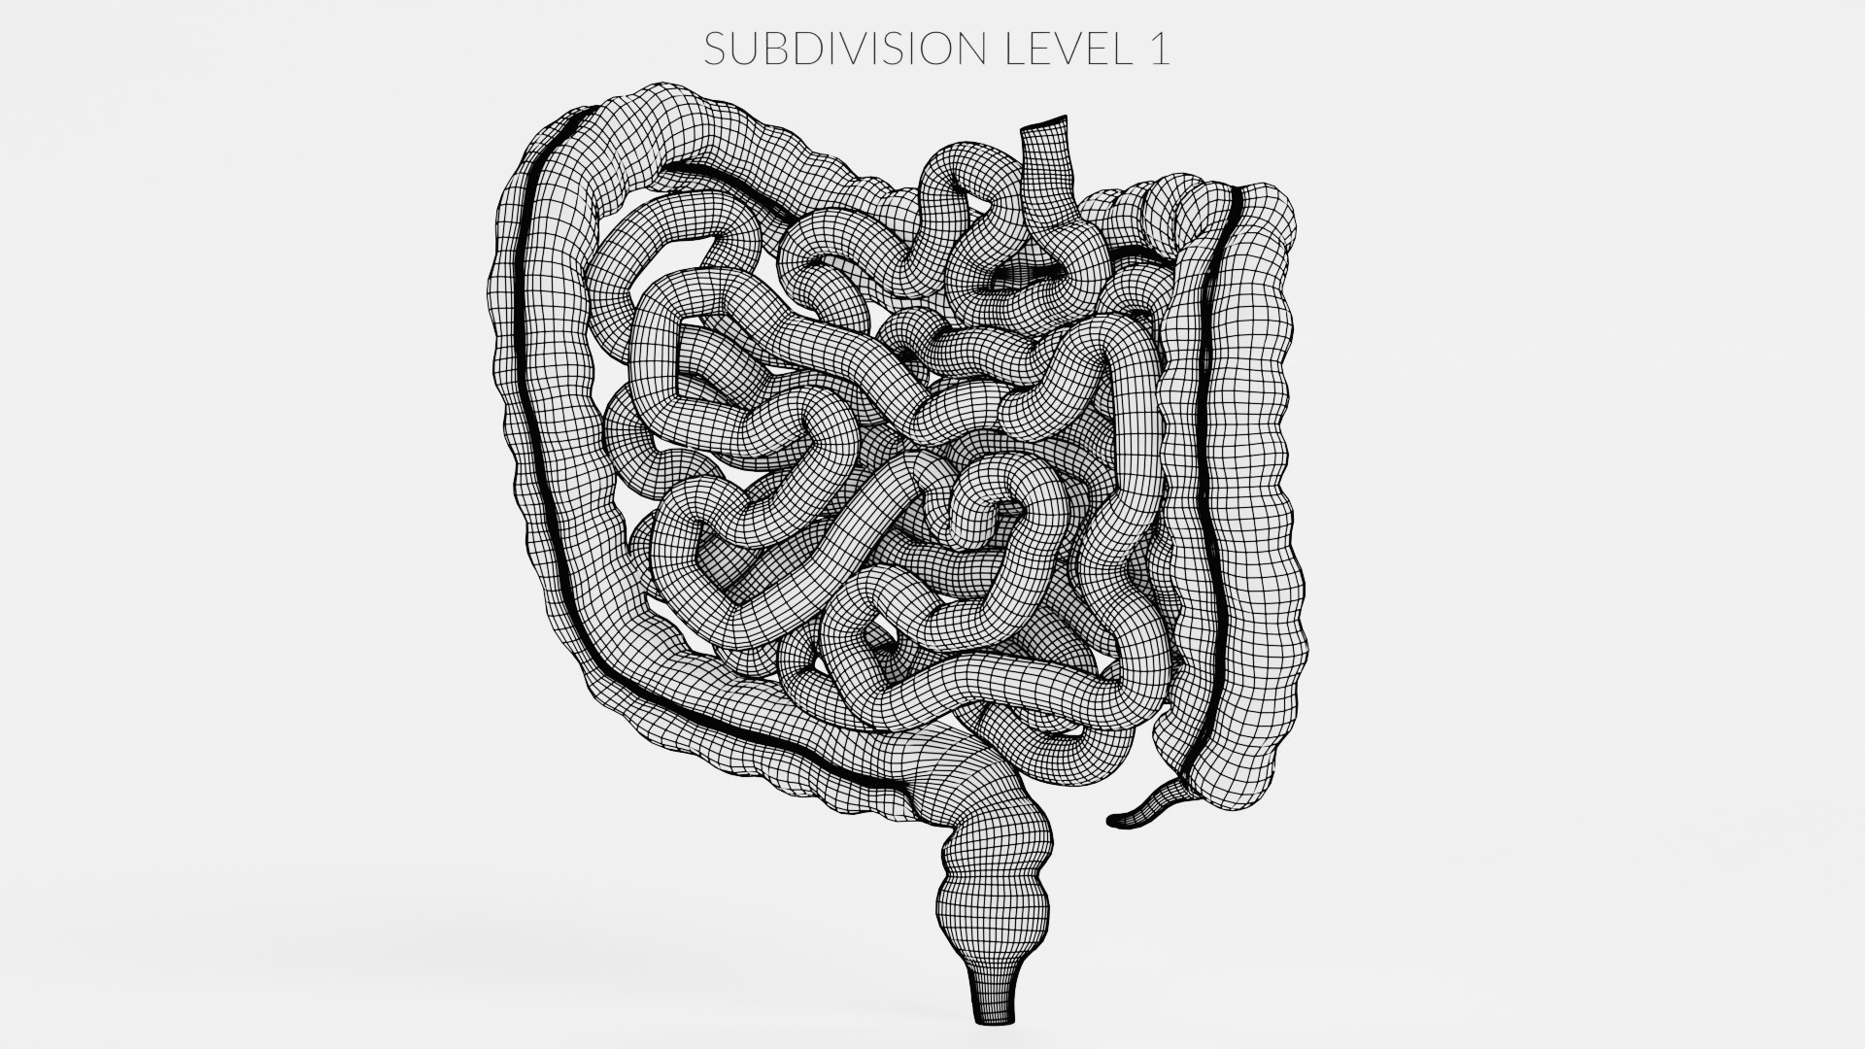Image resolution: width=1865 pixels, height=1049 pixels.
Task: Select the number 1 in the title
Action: [x=1160, y=50]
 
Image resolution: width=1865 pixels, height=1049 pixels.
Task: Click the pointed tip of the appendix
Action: [x=1113, y=822]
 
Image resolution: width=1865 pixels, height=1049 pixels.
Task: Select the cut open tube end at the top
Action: [x=1045, y=125]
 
